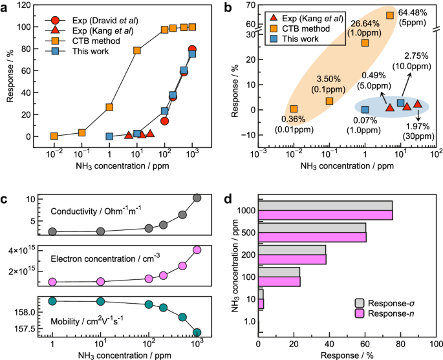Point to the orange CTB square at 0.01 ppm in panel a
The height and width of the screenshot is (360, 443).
point(54,136)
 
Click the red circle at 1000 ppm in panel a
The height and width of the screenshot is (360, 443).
point(192,50)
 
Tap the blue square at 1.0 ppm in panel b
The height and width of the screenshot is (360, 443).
point(365,110)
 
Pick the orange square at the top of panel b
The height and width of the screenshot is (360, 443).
point(389,16)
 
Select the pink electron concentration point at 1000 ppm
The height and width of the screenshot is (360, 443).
point(197,250)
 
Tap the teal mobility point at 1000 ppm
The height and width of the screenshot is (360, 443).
point(197,332)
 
